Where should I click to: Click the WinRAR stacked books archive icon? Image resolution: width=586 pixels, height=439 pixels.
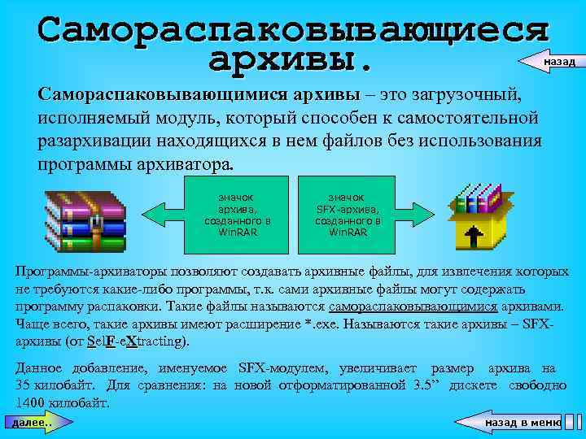coord(85,218)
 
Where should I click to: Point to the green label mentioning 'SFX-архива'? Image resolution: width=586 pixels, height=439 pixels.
coord(348,214)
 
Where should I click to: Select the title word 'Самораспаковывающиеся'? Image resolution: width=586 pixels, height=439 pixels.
coord(293,28)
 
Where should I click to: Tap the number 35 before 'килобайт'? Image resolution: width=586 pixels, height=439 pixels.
coord(24,387)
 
